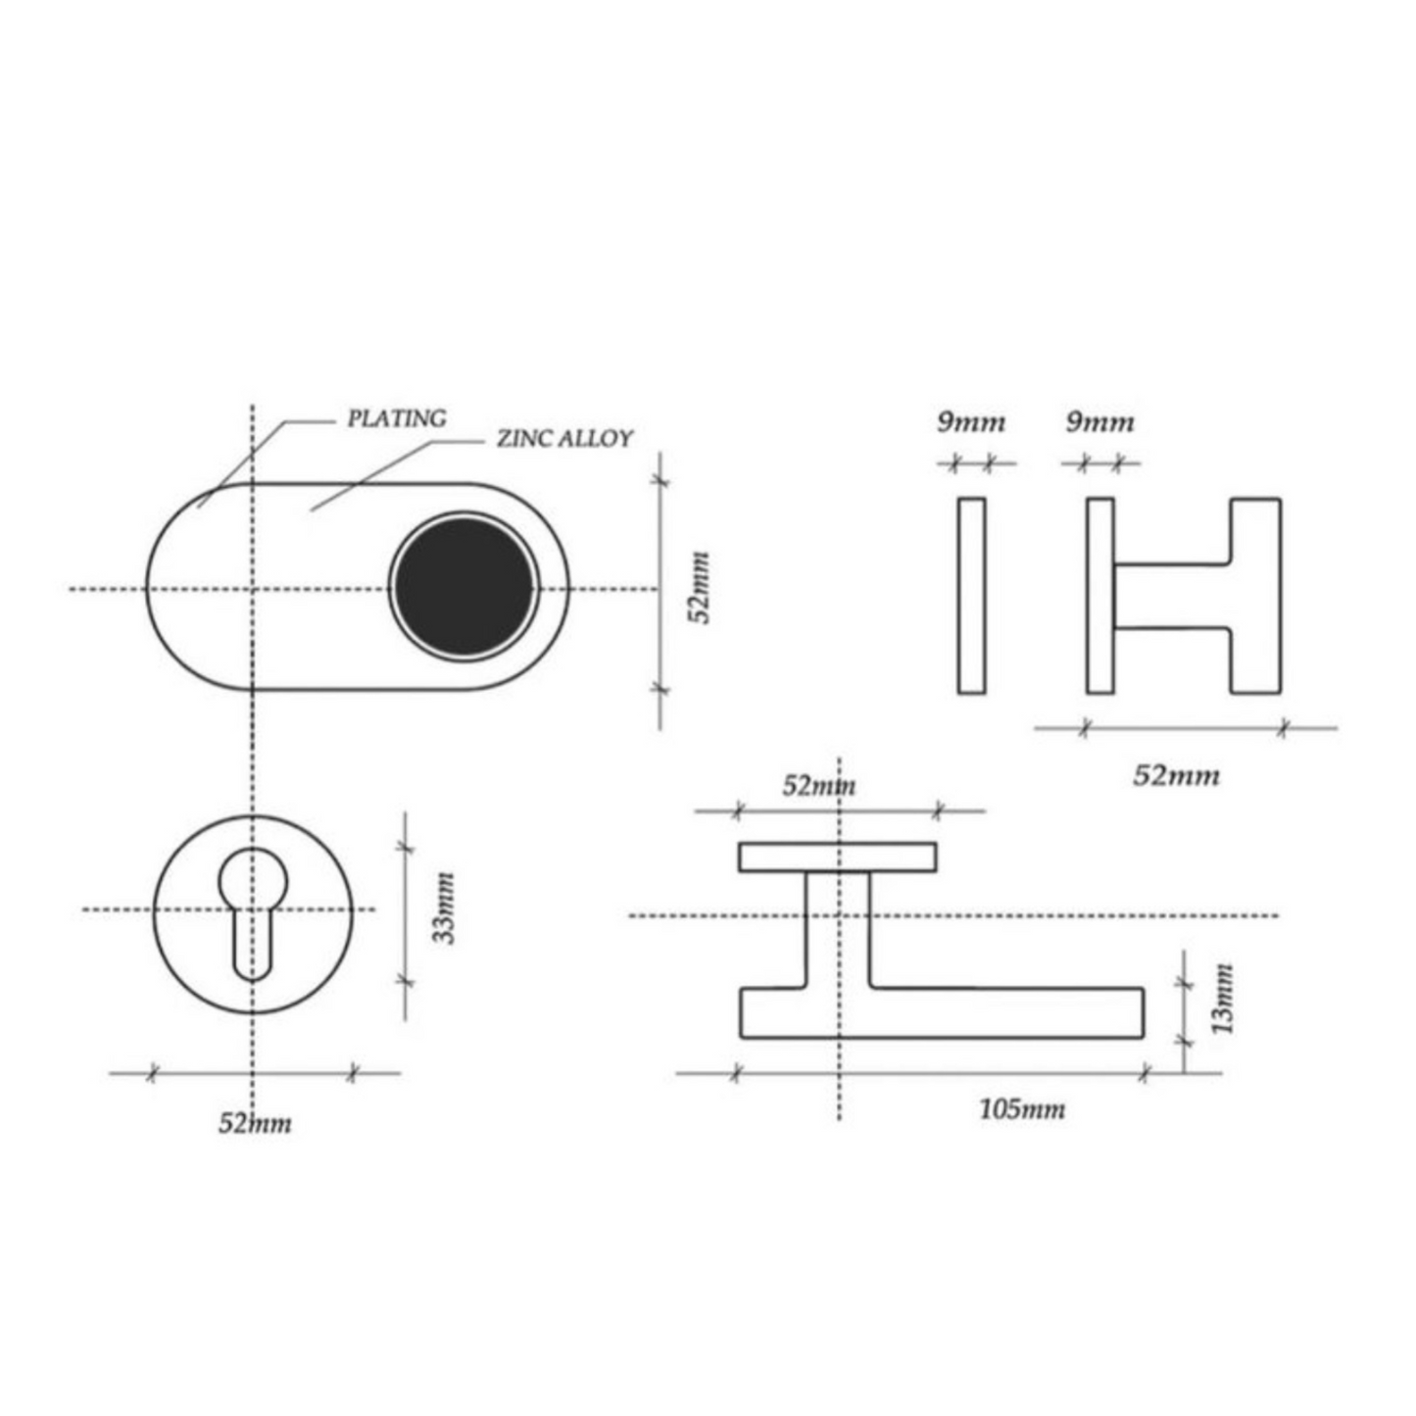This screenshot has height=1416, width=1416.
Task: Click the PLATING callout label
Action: coord(397,418)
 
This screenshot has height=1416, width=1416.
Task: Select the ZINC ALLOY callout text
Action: coord(564,439)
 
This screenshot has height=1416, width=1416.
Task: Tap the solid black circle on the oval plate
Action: coord(464,586)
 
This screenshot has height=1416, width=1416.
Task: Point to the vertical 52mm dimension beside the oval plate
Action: coord(702,587)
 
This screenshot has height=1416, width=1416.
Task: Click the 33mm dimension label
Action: coord(444,907)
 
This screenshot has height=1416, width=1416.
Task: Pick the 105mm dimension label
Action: coord(1021,1108)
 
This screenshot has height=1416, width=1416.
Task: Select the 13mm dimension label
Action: coord(1223,999)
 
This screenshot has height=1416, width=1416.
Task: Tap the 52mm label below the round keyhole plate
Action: coord(254,1124)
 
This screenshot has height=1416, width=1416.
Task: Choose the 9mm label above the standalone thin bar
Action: coord(970,422)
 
